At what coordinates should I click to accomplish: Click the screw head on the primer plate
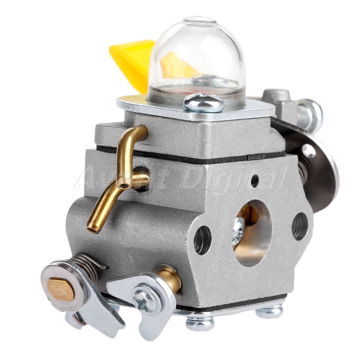click(x=203, y=103)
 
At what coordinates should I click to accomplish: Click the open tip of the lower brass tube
click(x=93, y=229)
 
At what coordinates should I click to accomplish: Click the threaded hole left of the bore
click(x=202, y=240)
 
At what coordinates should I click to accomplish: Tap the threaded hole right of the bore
click(x=300, y=226)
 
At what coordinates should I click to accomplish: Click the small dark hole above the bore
click(x=255, y=180)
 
